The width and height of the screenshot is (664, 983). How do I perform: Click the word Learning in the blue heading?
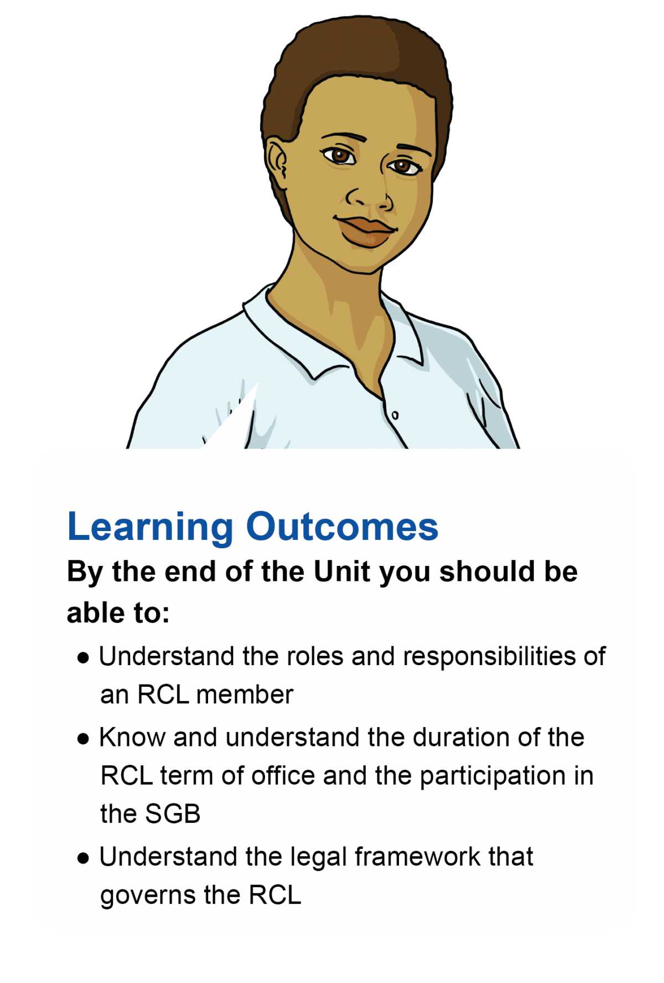150,527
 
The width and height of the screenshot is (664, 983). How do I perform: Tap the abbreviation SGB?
172,814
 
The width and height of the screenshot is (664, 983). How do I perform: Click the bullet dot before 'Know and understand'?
84,739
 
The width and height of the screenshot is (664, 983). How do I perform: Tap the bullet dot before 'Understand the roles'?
84,658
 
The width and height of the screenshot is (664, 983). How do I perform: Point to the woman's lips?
366,230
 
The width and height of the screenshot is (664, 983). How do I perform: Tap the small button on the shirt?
395,415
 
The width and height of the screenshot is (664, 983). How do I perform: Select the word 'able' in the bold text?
95,613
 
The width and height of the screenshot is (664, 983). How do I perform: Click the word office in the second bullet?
283,776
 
